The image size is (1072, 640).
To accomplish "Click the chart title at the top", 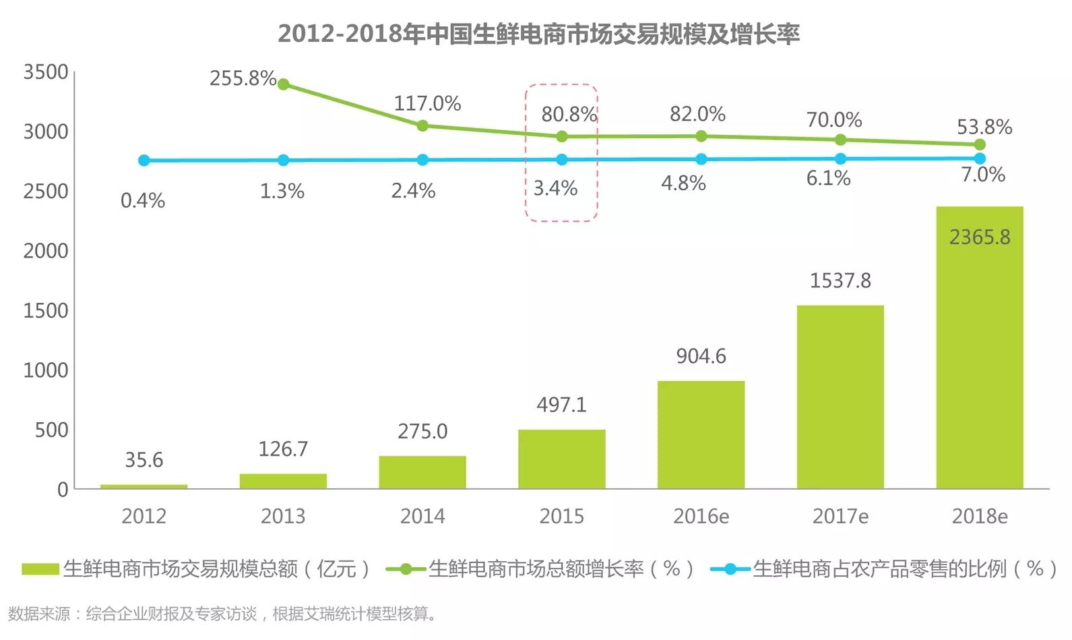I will click(538, 33).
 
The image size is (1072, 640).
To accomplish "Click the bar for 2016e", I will click(701, 434).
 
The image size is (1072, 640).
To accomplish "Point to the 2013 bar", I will click(283, 481).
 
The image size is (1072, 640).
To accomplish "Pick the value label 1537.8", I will click(840, 280).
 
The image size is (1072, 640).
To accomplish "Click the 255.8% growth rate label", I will click(243, 78).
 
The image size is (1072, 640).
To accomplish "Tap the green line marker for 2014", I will click(422, 125).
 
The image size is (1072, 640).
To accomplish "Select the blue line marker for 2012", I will click(144, 161).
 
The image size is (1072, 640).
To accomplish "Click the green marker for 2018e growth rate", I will click(980, 144).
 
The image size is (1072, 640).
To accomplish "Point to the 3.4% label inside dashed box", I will click(555, 188).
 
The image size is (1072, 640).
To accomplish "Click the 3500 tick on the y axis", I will click(46, 72).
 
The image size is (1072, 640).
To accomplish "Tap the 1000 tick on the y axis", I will click(46, 370).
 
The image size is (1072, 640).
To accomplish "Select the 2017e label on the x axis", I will click(840, 516).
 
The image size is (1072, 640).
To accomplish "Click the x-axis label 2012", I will click(144, 516).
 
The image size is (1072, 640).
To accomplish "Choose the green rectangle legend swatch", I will click(40, 569).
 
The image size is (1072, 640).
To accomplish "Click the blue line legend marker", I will click(730, 569).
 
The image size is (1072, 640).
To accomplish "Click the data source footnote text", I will click(223, 614).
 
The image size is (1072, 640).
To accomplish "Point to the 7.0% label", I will click(982, 175).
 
